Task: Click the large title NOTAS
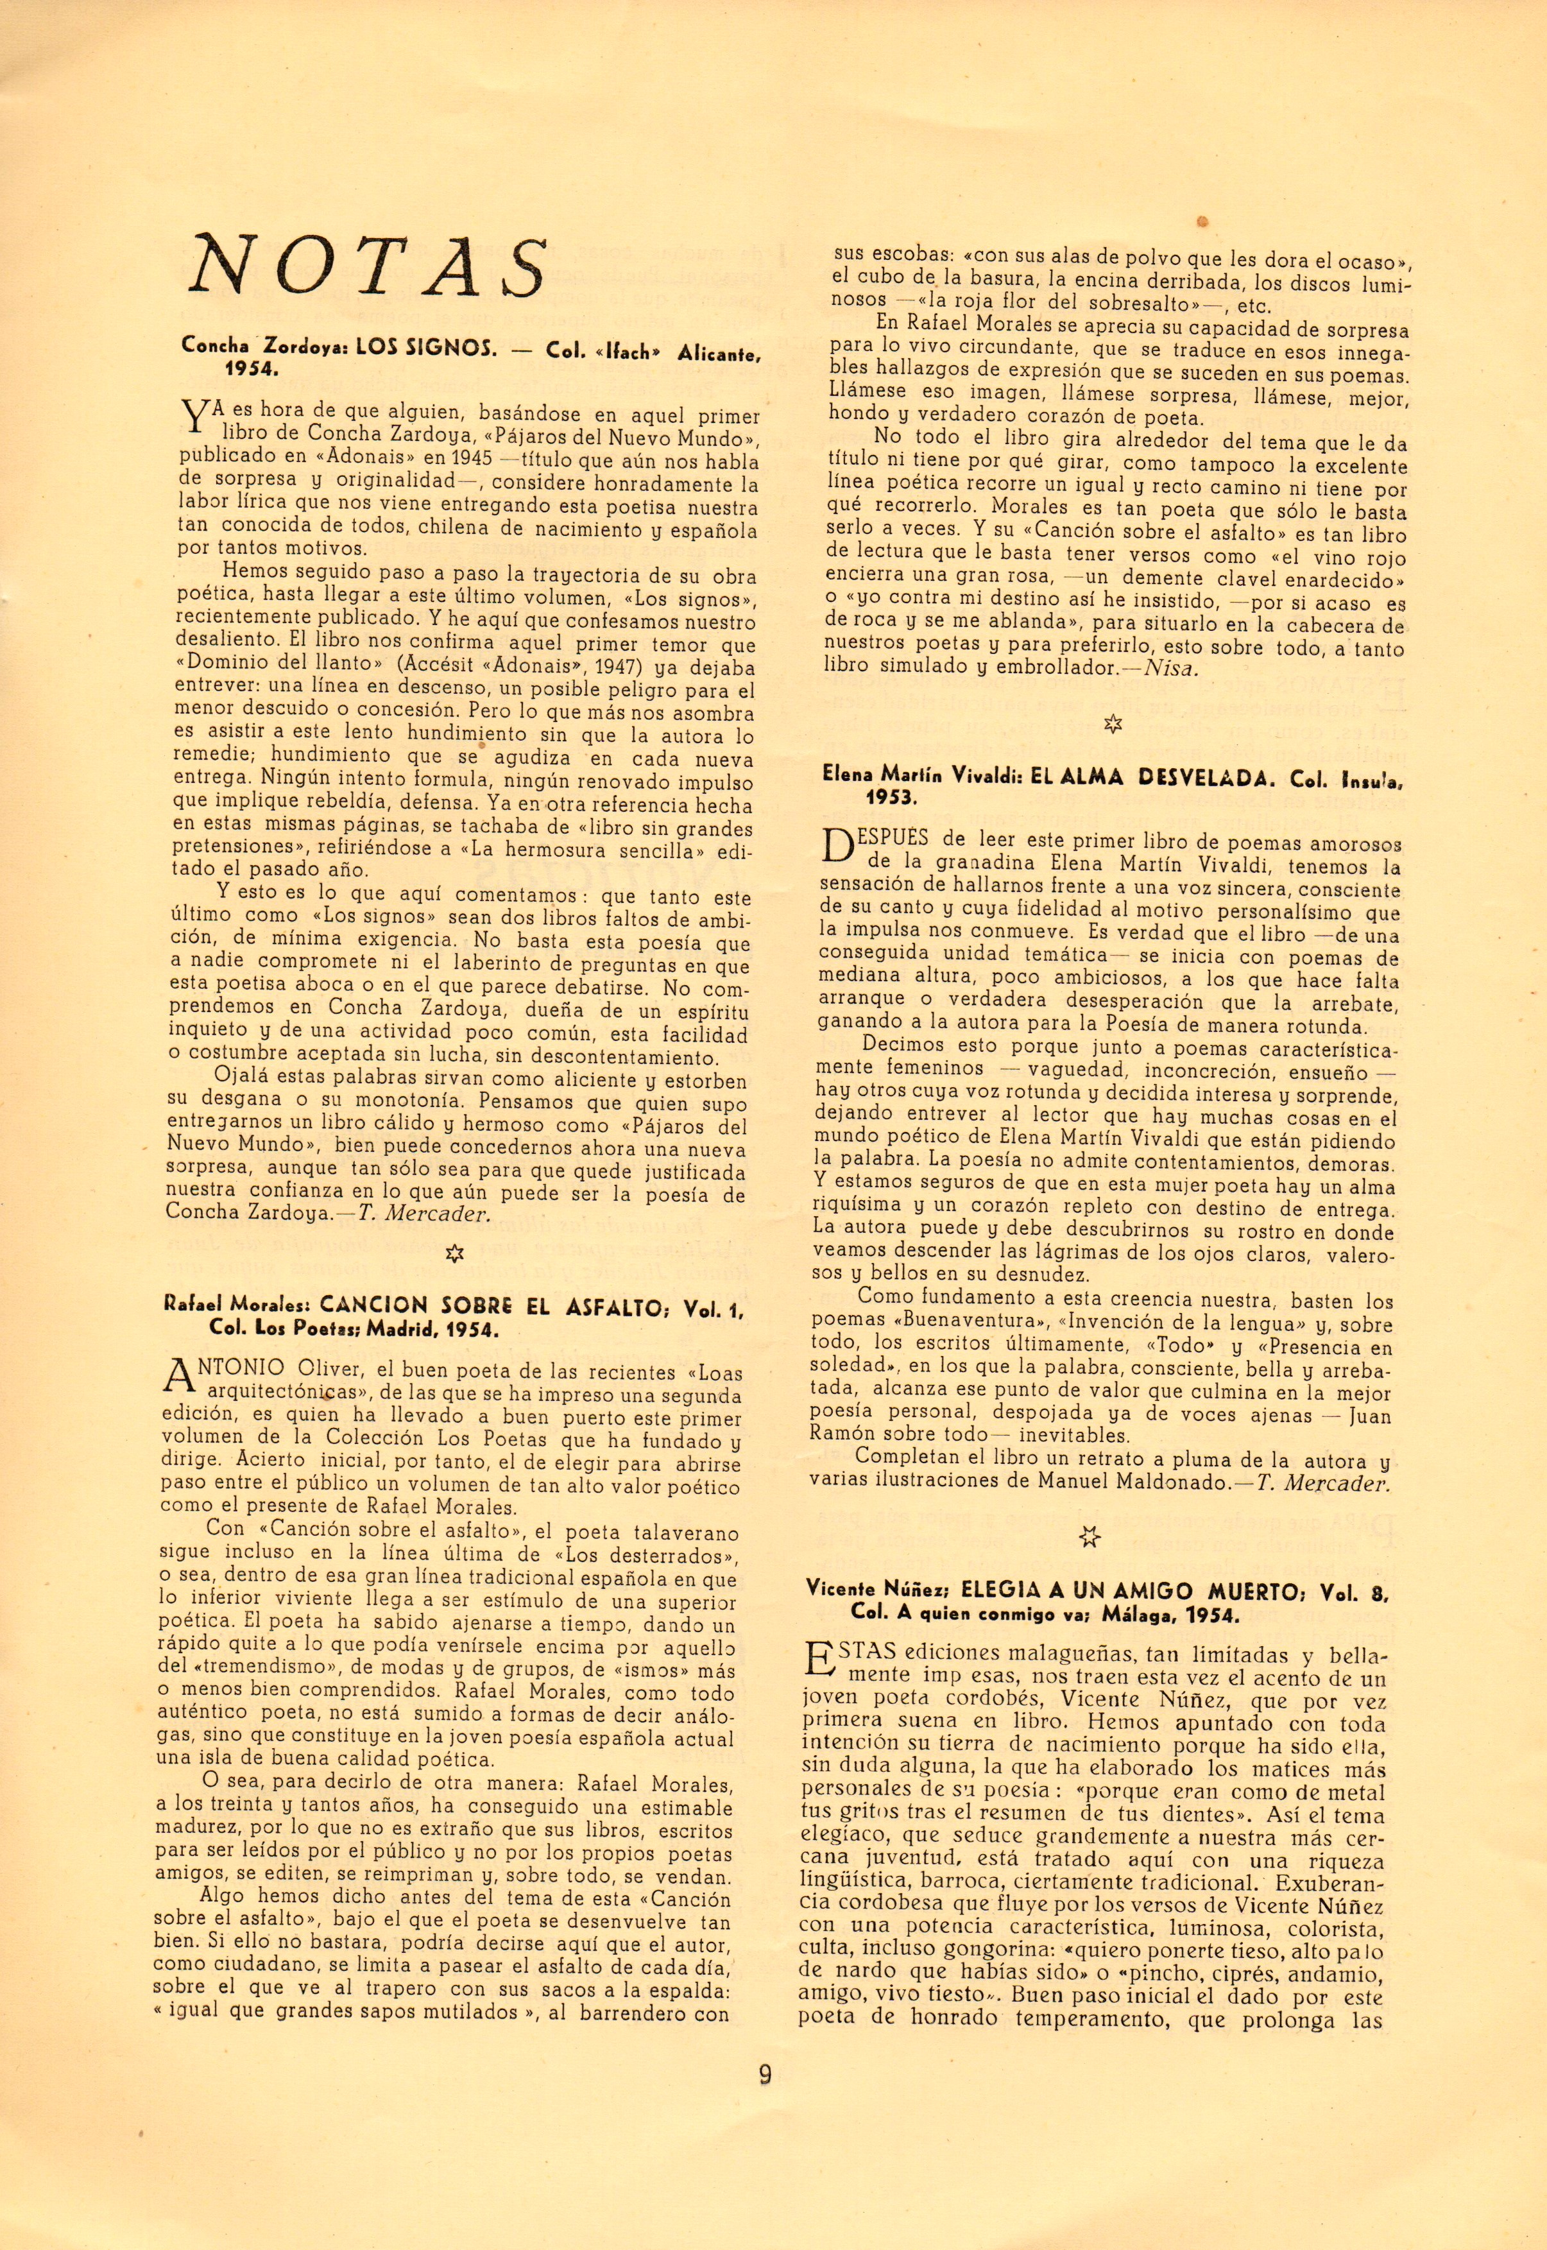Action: pos(368,266)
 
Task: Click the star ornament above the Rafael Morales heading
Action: pos(454,1253)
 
